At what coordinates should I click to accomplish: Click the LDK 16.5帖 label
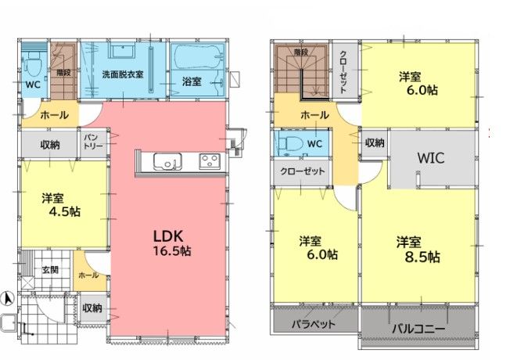(x=172, y=243)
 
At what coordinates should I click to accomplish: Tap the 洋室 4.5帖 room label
(x=61, y=205)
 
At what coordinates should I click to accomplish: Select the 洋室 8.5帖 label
(x=418, y=250)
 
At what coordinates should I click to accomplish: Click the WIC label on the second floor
(x=431, y=158)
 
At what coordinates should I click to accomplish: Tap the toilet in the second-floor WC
(x=292, y=143)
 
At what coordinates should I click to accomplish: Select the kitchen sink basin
(x=167, y=161)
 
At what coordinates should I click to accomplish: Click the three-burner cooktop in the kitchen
(x=210, y=161)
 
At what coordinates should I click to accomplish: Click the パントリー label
(x=93, y=142)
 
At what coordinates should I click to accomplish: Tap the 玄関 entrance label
(x=50, y=270)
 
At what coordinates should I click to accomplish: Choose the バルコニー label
(x=418, y=329)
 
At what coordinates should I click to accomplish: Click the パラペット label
(x=313, y=324)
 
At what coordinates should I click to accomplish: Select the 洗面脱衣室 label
(x=123, y=74)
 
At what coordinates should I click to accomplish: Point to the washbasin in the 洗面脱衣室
(x=123, y=52)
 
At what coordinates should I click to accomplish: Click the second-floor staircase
(x=301, y=70)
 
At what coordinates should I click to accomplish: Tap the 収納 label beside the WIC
(x=375, y=142)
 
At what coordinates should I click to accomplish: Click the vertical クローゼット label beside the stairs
(x=343, y=72)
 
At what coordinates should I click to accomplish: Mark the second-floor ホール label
(x=314, y=115)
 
